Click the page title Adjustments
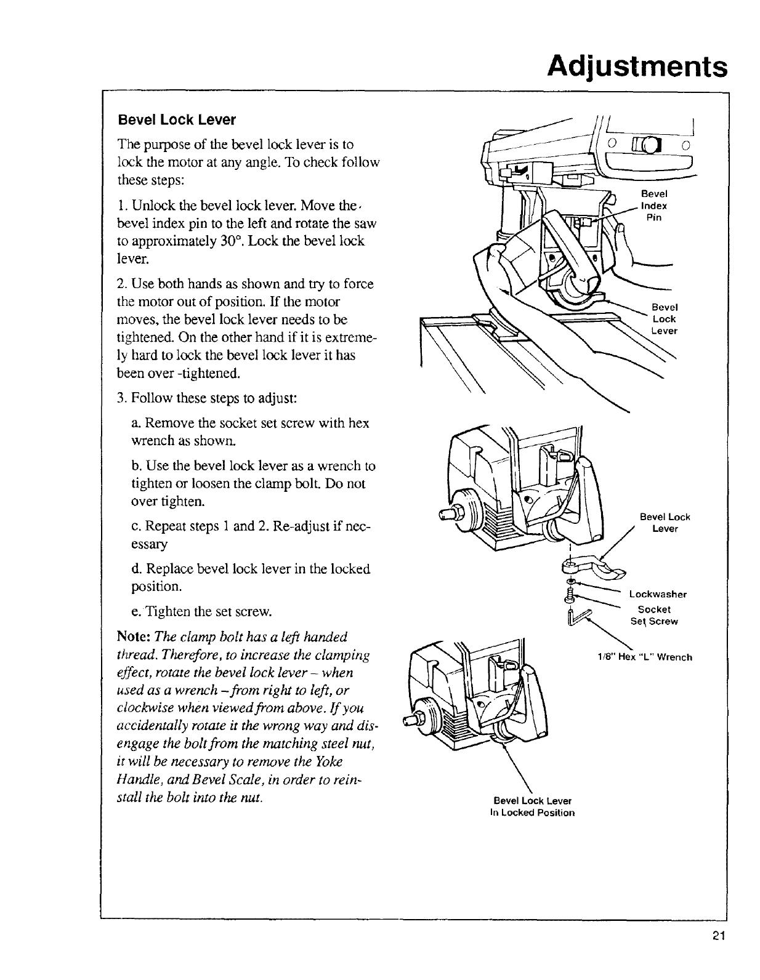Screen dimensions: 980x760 pyautogui.click(x=637, y=65)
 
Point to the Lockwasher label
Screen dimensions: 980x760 pyautogui.click(x=658, y=594)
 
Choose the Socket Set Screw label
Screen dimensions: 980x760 pyautogui.click(x=654, y=615)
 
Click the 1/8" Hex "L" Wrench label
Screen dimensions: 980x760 pyautogui.click(x=645, y=657)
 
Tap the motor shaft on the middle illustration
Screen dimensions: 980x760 pyautogui.click(x=446, y=514)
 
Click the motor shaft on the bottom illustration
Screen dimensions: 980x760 pyautogui.click(x=409, y=719)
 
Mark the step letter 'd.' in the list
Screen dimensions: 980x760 pyautogui.click(x=136, y=568)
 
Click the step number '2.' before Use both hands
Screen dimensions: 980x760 pyautogui.click(x=122, y=284)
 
